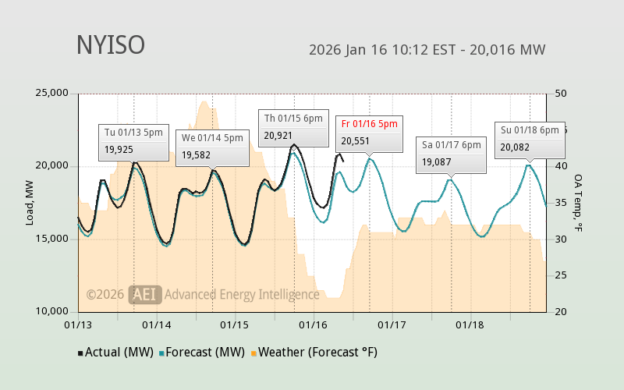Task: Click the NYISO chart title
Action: point(110,45)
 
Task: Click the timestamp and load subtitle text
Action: point(427,50)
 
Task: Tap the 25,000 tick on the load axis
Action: point(53,94)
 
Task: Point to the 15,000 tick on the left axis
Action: point(53,239)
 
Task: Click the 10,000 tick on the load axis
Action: point(53,311)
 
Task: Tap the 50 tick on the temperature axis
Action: point(560,94)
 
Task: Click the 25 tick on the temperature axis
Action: point(560,275)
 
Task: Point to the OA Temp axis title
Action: point(578,203)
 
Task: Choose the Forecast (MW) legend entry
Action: point(202,353)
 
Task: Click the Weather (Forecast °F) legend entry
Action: point(314,353)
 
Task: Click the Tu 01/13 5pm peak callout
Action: point(133,141)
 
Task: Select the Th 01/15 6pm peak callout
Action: point(292,126)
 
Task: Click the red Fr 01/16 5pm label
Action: point(369,123)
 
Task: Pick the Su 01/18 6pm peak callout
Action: point(530,139)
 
